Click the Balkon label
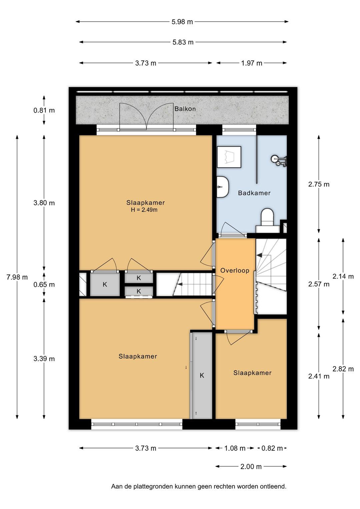coord(185,109)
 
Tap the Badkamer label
coord(254,193)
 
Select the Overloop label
coord(235,271)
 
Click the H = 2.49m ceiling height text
coord(144,210)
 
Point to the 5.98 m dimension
coord(182,22)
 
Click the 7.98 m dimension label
coord(17,277)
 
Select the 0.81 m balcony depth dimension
coord(44,110)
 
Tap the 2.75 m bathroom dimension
coord(319,184)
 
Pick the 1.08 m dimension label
coord(235,448)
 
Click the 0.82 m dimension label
coord(272,448)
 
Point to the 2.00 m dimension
coord(251,467)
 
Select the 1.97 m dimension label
coord(252,63)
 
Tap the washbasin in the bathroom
coord(223,187)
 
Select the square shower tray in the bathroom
coord(229,157)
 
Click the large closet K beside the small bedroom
coord(202,375)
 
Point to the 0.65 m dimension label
coord(44,285)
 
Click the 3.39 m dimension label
coord(44,359)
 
